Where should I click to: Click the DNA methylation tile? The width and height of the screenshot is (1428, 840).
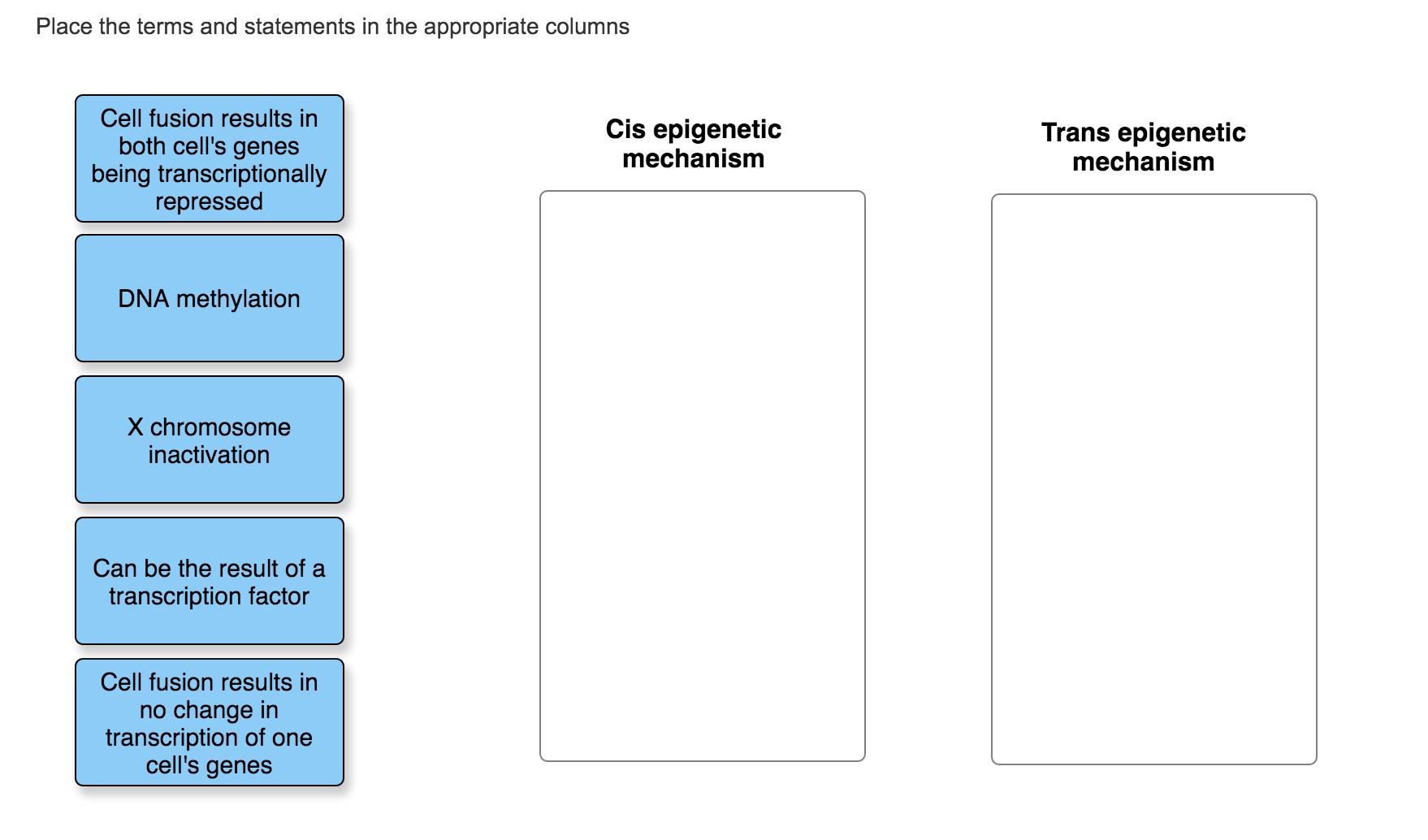tap(209, 299)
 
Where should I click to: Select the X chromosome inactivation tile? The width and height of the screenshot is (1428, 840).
tap(209, 440)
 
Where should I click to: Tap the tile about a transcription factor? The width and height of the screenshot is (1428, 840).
tap(209, 582)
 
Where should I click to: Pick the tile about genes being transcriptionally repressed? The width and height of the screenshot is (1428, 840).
tap(209, 159)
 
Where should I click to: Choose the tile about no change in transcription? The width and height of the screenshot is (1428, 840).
tap(209, 723)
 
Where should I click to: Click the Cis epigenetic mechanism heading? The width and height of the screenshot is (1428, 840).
tap(693, 144)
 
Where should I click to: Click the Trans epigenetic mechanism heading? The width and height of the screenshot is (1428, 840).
tap(1143, 147)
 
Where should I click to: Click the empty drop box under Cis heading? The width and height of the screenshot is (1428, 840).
tap(702, 476)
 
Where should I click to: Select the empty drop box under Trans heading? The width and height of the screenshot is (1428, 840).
tap(1153, 479)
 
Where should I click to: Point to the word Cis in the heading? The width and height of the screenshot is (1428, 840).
tap(625, 129)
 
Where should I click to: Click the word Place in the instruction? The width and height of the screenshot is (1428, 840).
tap(64, 27)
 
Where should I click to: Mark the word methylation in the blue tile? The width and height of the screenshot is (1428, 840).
tap(238, 299)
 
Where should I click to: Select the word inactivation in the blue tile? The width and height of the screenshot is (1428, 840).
tap(209, 455)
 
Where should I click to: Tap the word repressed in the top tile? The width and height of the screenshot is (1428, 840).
tap(209, 201)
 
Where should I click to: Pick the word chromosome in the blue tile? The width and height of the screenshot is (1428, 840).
tap(220, 427)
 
